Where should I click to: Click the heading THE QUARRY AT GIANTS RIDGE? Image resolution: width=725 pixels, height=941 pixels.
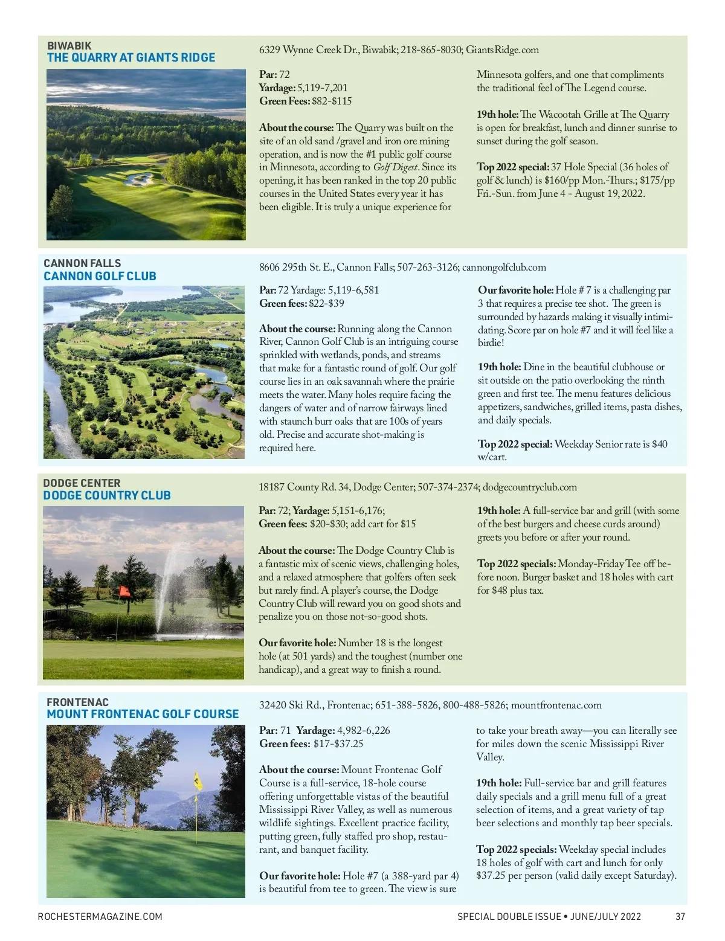pyautogui.click(x=131, y=57)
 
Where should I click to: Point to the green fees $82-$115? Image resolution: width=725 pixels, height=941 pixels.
pyautogui.click(x=331, y=101)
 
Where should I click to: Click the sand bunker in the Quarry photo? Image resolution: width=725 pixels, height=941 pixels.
pyautogui.click(x=140, y=178)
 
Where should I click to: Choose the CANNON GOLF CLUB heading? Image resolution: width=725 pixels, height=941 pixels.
pyautogui.click(x=100, y=276)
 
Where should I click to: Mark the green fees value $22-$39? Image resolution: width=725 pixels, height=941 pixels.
pyautogui.click(x=326, y=303)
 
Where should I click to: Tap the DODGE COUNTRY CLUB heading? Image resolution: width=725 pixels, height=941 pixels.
pyautogui.click(x=107, y=495)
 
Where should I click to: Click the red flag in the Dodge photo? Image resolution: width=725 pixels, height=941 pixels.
pyautogui.click(x=124, y=592)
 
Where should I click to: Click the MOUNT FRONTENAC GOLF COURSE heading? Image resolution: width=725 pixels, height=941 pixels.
pyautogui.click(x=143, y=714)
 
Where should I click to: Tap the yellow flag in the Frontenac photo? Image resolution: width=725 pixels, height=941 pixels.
pyautogui.click(x=198, y=782)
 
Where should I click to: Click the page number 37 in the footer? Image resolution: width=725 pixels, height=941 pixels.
pyautogui.click(x=680, y=916)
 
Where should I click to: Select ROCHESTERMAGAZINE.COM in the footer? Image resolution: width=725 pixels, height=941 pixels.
pyautogui.click(x=100, y=916)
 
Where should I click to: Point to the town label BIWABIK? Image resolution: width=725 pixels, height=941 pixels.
pyautogui.click(x=69, y=45)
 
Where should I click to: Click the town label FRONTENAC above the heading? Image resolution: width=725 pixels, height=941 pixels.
pyautogui.click(x=78, y=702)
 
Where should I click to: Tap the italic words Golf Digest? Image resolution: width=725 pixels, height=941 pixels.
pyautogui.click(x=396, y=167)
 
